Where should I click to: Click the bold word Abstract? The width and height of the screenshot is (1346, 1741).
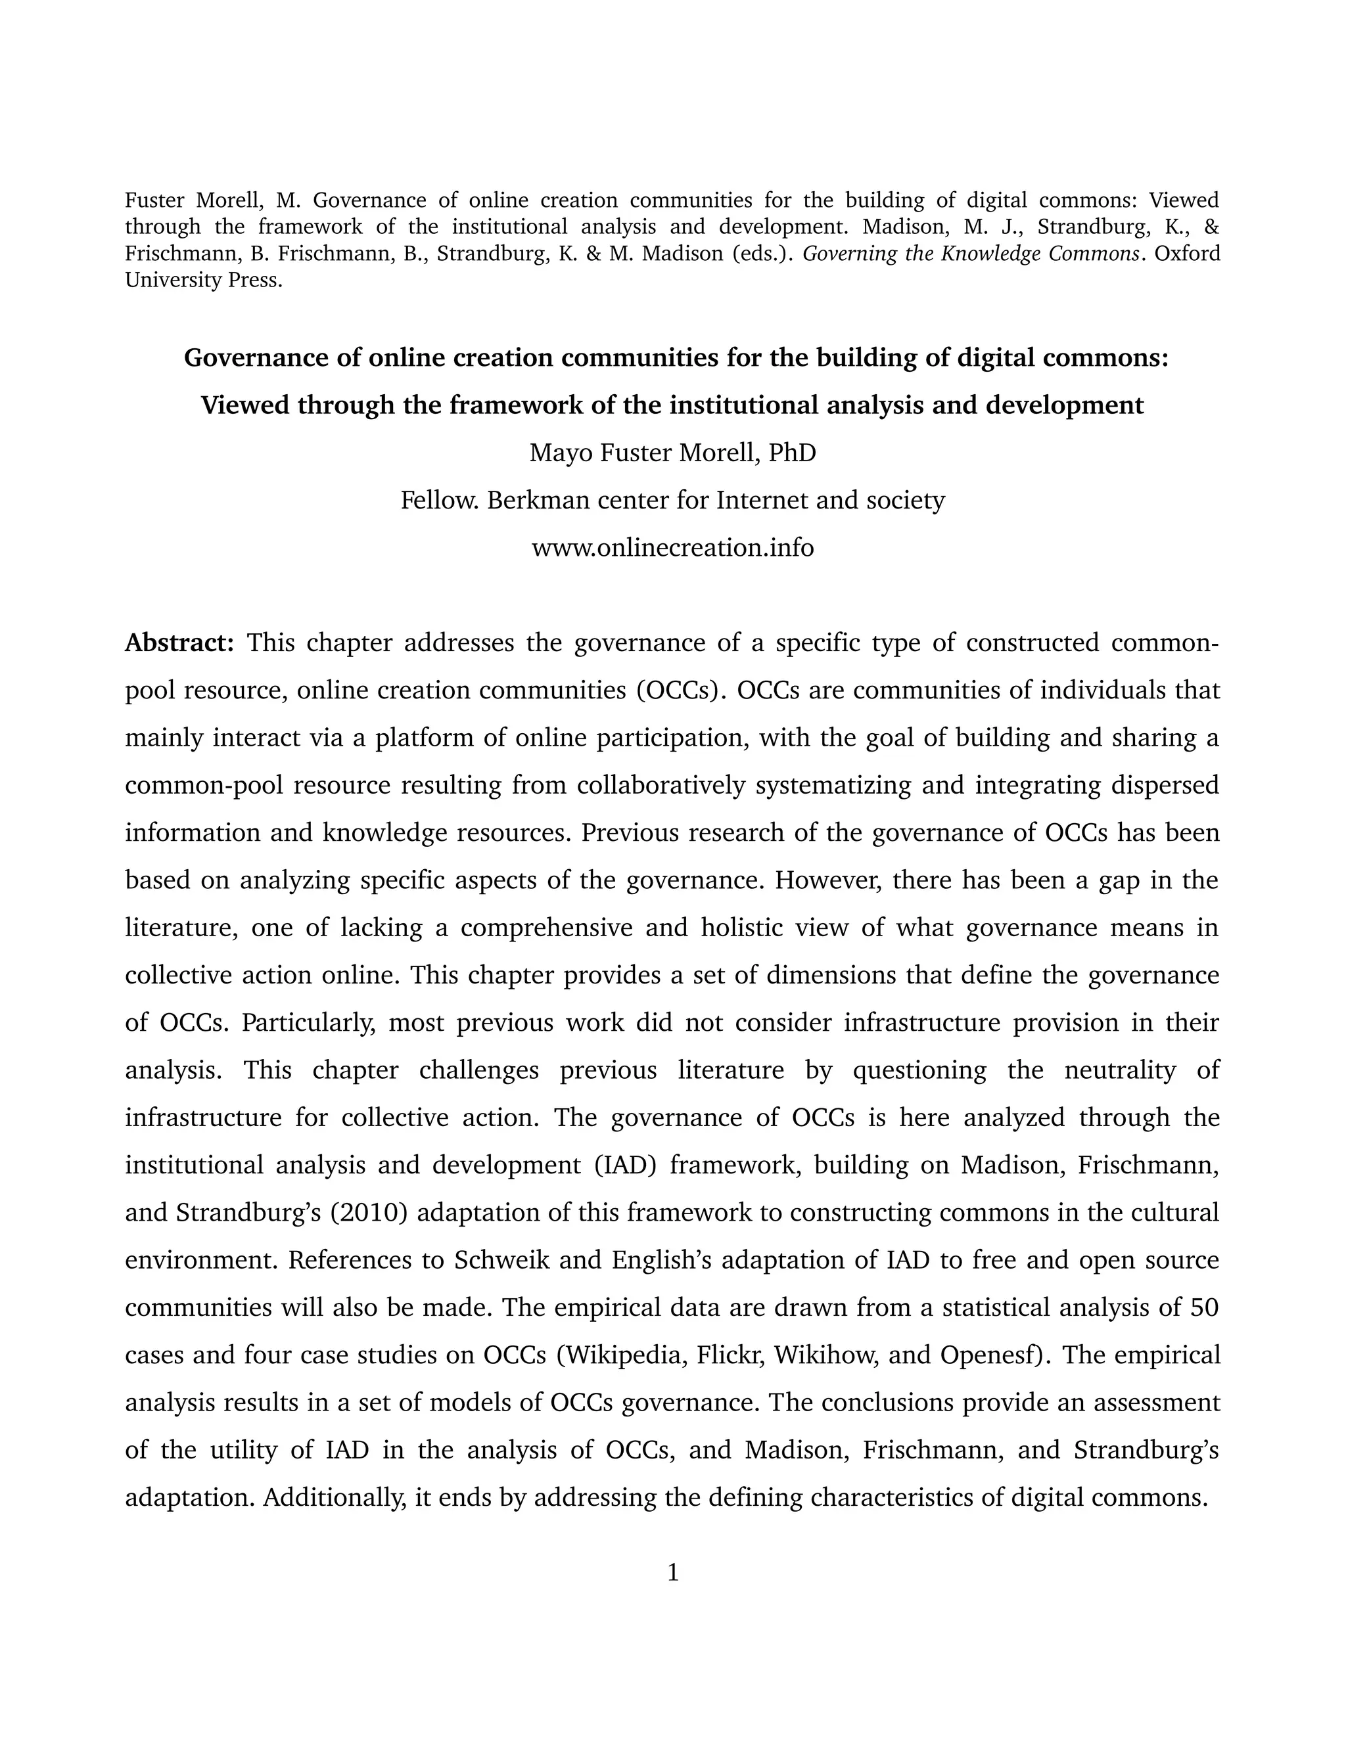tap(179, 643)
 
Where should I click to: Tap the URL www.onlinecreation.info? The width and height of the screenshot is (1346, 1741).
tap(672, 548)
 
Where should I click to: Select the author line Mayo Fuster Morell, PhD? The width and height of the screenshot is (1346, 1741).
tap(672, 453)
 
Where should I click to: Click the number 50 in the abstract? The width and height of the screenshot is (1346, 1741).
tap(1204, 1307)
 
